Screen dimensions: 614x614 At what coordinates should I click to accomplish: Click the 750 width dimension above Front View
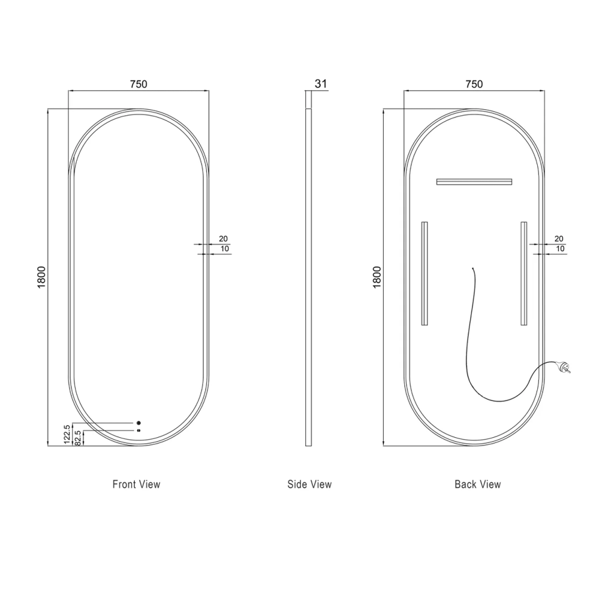139,84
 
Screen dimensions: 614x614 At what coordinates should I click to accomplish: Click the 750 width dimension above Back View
474,84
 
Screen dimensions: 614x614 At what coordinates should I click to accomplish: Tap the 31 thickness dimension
321,84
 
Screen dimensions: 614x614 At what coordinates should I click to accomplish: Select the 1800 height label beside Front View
41,277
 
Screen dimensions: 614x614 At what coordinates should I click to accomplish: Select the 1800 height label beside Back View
377,277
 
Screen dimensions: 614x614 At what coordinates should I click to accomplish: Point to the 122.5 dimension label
67,434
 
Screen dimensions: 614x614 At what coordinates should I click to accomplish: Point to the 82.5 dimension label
77,438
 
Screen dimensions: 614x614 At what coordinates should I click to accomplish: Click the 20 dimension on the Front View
223,239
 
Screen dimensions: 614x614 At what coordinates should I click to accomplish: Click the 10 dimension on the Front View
225,249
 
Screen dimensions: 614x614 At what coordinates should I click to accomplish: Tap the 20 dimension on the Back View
559,239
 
